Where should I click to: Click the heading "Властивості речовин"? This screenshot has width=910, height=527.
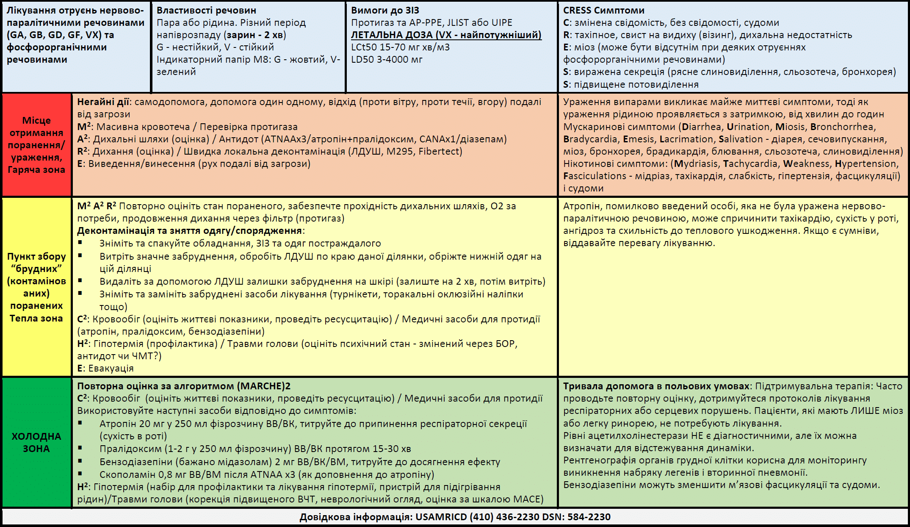coord(206,10)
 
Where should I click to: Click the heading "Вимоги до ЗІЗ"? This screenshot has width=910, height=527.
coord(385,10)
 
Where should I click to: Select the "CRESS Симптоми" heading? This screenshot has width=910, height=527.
coord(603,10)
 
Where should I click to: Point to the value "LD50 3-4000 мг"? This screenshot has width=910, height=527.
coord(387,59)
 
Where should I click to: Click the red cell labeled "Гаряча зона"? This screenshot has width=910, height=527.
coord(36,170)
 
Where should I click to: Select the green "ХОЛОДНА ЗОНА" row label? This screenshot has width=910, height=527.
coord(36,442)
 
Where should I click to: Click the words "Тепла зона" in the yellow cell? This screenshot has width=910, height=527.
coord(36,318)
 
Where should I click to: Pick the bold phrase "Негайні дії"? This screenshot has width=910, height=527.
coord(103,102)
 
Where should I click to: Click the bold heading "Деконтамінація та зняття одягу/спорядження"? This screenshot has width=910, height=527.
coord(190,231)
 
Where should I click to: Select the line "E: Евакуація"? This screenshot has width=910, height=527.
coord(105,368)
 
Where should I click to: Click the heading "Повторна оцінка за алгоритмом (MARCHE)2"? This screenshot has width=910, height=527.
coord(184,386)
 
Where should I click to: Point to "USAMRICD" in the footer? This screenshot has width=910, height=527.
coord(440,517)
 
